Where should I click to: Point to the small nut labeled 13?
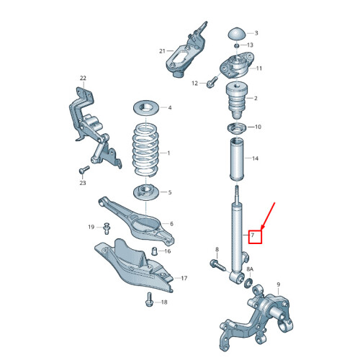237,46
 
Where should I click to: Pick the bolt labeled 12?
211,82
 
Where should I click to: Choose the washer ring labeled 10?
235,129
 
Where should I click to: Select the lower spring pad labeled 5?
146,192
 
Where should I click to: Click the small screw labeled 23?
81,171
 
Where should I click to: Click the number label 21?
163,51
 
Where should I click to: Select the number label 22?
83,78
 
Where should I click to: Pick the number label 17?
184,278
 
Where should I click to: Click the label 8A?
250,269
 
